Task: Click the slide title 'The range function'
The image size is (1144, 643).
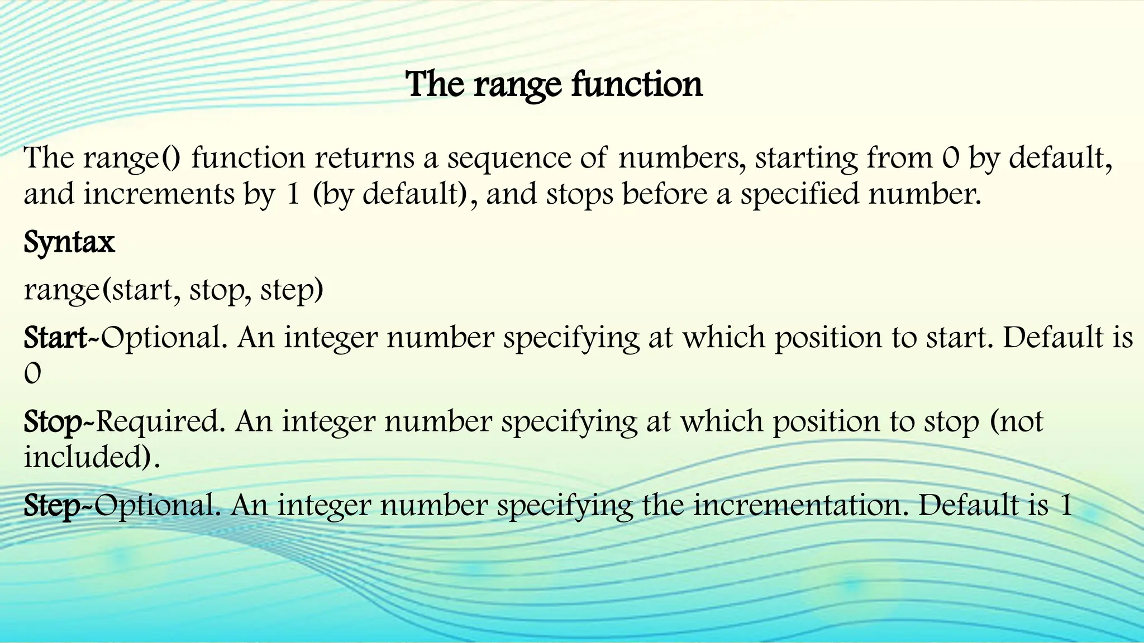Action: pyautogui.click(x=554, y=85)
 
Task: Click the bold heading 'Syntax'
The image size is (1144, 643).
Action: pyautogui.click(x=69, y=242)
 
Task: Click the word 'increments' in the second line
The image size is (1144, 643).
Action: pyautogui.click(x=159, y=194)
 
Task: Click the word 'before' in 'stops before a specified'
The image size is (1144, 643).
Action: pyautogui.click(x=665, y=194)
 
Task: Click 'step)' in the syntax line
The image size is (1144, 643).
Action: pyautogui.click(x=292, y=290)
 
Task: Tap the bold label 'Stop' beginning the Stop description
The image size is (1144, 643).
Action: pyautogui.click(x=53, y=421)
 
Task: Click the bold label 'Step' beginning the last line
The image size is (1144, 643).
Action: pyautogui.click(x=52, y=505)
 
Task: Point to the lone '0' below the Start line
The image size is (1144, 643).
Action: pyautogui.click(x=32, y=374)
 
